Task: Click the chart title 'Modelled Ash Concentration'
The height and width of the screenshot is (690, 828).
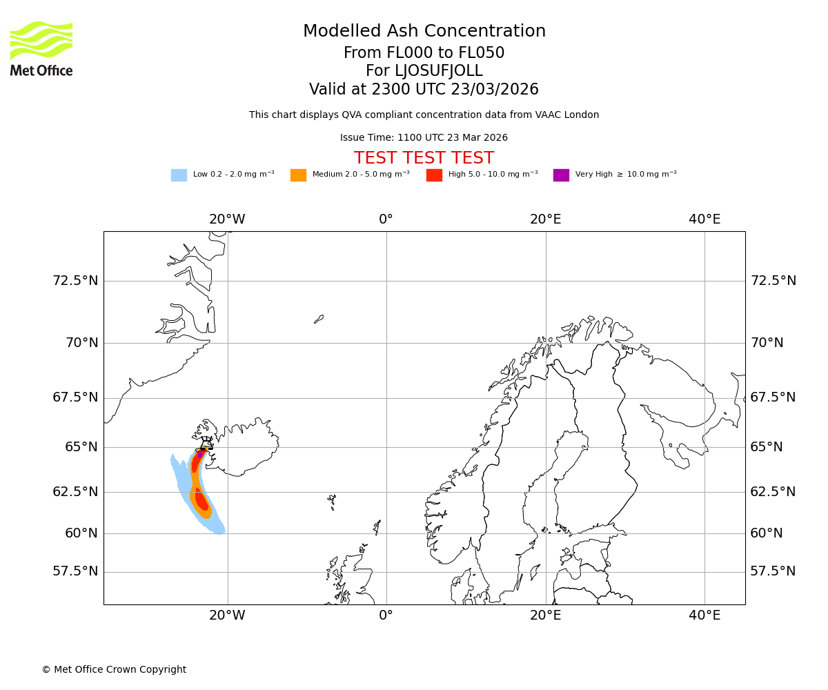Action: coord(424,31)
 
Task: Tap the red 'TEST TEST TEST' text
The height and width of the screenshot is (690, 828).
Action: coord(424,158)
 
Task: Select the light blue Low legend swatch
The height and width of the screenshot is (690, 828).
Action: coord(179,175)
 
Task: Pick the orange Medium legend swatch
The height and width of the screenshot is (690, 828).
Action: coord(298,175)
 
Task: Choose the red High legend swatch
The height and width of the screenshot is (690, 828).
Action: coord(434,175)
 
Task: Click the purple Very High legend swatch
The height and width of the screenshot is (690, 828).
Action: coord(561,175)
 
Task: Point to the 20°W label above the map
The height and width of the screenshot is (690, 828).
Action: coord(227,219)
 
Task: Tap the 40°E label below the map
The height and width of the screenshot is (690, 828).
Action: coord(704,615)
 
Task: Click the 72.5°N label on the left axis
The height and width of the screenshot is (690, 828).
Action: coord(75,281)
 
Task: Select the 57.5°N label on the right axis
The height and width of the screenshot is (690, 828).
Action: coord(773,571)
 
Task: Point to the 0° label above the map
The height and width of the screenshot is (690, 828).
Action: coord(386,219)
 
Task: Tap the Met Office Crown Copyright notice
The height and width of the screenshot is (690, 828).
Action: coord(114,669)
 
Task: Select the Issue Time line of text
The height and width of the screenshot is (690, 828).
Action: coord(424,138)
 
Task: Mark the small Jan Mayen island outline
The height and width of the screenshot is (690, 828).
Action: coord(319,319)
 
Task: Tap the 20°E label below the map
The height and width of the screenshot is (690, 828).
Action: coord(545,615)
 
